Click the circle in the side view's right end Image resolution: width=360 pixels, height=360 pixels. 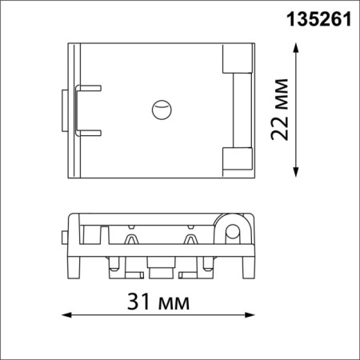233,234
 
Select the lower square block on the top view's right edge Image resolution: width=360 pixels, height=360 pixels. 237,161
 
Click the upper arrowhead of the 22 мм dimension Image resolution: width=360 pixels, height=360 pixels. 298,49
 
